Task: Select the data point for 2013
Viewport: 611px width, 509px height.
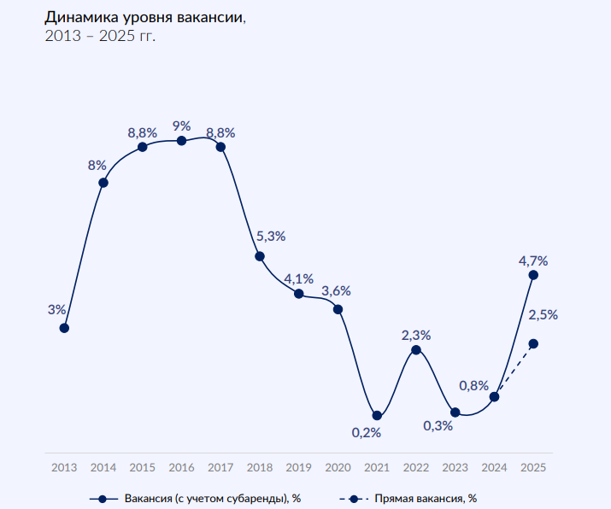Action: tap(64, 327)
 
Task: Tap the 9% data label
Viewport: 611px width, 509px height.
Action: tap(181, 126)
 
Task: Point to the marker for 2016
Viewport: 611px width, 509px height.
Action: tap(181, 140)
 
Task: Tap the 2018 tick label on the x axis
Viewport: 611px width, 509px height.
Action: tap(259, 467)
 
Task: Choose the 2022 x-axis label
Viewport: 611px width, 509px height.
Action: tap(416, 467)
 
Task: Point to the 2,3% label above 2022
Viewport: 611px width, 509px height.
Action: tap(416, 335)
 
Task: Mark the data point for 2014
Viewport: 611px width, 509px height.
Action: tap(103, 182)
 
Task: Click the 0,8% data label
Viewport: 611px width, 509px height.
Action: tap(474, 385)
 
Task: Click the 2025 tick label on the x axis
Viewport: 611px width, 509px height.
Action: tap(533, 467)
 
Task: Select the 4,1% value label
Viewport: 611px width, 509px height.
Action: tap(299, 278)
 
